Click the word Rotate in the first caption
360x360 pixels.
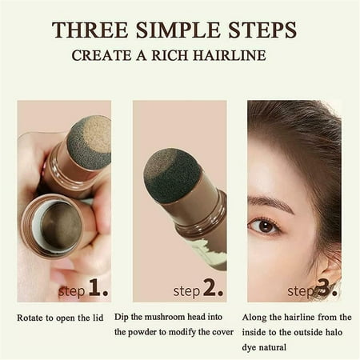(32, 318)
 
